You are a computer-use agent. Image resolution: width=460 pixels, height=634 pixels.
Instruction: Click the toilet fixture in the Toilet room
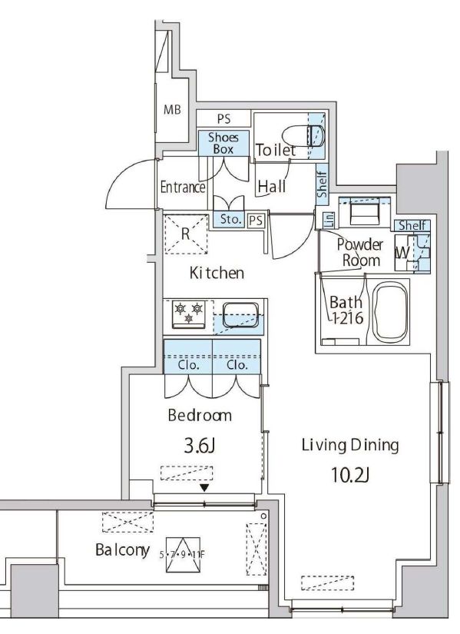pos(303,135)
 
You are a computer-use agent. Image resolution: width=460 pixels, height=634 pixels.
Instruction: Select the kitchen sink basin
pos(241,315)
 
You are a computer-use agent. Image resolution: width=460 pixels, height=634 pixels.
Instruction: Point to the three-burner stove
pos(188,314)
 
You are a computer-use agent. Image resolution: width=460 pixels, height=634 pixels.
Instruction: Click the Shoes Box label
pos(223,143)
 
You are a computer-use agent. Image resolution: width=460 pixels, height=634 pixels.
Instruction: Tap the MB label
pos(172,110)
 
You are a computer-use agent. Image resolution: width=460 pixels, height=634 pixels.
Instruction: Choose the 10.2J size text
pos(350,475)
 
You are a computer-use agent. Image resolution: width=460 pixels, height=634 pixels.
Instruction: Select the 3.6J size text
pos(199,446)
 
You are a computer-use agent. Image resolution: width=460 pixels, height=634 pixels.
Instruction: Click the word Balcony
pos(122,550)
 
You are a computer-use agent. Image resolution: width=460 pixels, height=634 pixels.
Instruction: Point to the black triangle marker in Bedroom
pos(205,488)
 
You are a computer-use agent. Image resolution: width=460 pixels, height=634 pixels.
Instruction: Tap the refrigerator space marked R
pos(186,234)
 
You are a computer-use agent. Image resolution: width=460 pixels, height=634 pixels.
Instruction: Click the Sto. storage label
pos(230,220)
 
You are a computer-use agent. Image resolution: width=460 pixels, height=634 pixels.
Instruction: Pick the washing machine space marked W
pos(402,253)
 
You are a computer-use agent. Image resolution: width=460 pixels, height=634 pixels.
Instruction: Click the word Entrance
pos(183,188)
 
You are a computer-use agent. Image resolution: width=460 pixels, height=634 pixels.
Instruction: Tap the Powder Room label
pos(360,252)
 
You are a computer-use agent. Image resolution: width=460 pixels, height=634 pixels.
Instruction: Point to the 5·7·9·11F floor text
pos(182,554)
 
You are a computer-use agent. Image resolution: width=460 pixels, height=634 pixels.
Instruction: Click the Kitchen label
pos(217,273)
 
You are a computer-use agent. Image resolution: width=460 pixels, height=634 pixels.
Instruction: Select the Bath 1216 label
pos(346,310)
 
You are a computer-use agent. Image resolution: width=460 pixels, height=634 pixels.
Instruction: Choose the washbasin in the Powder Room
pos(364,211)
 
